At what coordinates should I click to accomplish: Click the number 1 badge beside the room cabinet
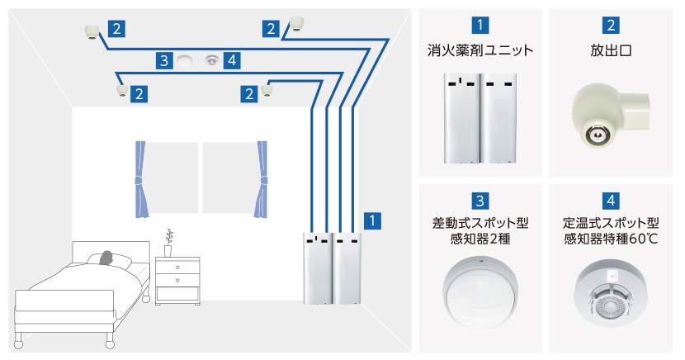point(374,221)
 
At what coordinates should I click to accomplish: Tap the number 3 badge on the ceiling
point(165,59)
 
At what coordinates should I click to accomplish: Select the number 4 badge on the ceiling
point(234,59)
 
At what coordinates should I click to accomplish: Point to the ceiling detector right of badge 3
point(212,59)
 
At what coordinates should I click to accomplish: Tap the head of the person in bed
point(106,258)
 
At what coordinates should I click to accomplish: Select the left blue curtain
point(140,178)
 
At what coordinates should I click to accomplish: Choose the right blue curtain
point(262,178)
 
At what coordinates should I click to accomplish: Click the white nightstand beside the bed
point(177,279)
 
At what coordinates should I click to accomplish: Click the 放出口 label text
point(612,50)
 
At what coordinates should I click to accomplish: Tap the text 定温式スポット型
point(612,224)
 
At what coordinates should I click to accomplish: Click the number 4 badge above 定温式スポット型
point(612,200)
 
